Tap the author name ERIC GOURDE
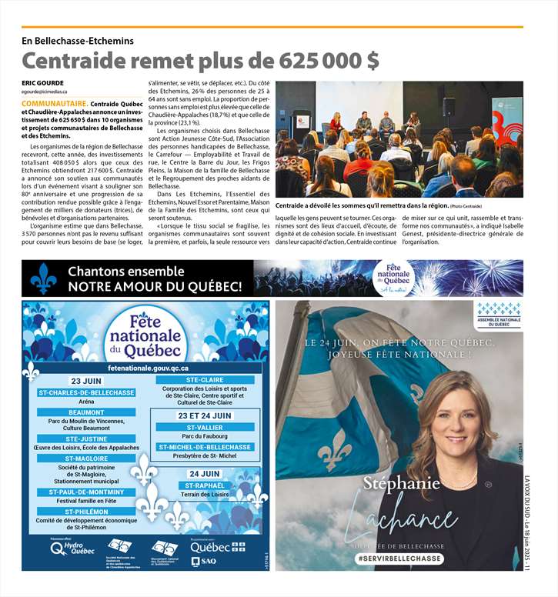tap(43, 82)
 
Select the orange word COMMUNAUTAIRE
tap(54, 102)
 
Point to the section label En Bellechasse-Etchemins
tap(78, 40)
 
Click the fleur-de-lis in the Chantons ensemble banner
tap(43, 278)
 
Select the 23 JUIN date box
tap(87, 382)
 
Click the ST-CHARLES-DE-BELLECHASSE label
tap(87, 392)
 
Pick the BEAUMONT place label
tap(86, 412)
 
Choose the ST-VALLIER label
tap(205, 427)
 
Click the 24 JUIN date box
tap(205, 474)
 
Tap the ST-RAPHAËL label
tap(205, 485)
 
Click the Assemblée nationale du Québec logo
tap(498, 315)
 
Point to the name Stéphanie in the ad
tap(403, 485)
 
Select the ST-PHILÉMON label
tap(86, 511)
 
